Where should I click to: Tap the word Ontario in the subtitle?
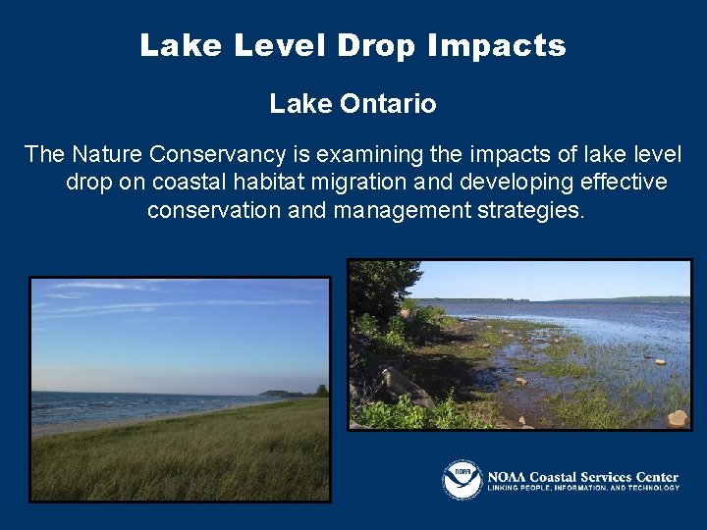click(391, 104)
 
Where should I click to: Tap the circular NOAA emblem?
click(462, 480)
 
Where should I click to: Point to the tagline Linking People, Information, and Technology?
click(583, 488)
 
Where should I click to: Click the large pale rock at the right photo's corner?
click(678, 418)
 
